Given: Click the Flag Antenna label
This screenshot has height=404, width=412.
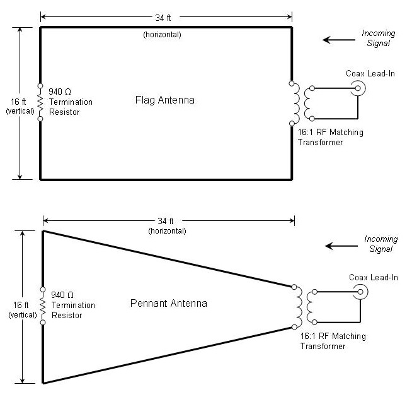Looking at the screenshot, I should point(165,100).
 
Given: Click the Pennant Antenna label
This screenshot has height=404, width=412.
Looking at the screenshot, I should point(168,304).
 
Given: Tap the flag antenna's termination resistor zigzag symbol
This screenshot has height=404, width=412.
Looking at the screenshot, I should point(40,102).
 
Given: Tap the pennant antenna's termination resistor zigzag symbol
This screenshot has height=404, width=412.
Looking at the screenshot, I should point(43,306).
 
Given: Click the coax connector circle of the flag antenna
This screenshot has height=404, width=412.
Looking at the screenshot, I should point(358,88).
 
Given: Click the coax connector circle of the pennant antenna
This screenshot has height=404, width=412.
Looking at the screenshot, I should point(360,292).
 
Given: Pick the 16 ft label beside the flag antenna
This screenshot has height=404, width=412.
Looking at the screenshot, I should point(18,102).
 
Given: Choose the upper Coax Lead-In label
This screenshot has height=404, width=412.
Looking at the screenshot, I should point(370,74).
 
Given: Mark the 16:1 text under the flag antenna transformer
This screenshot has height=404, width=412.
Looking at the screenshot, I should point(306,133).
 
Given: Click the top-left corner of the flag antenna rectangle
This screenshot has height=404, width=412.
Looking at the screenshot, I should point(40,27).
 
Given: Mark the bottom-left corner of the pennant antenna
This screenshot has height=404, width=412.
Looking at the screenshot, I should point(43,383).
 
